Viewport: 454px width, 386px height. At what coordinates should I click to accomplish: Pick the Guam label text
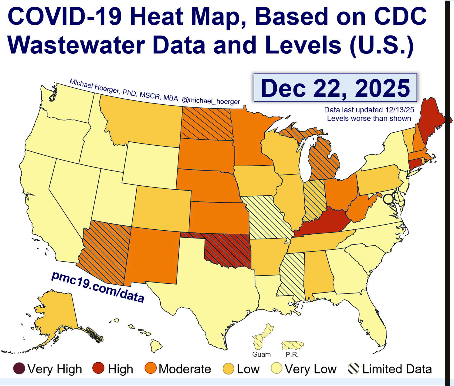tap(261, 354)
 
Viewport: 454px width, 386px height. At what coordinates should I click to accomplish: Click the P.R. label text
tap(292, 354)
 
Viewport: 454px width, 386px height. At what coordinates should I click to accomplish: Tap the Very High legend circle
tap(19, 369)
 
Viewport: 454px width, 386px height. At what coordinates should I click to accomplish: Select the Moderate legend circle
tap(151, 369)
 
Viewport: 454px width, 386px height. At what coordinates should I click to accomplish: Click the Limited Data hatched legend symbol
tap(354, 369)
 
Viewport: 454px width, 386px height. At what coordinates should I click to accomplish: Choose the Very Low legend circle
tap(277, 369)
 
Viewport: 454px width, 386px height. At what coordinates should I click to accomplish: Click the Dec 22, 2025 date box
tap(335, 88)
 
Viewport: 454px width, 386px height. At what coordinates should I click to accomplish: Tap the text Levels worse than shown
tap(369, 118)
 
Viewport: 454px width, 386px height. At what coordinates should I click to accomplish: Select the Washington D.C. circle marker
tap(388, 199)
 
